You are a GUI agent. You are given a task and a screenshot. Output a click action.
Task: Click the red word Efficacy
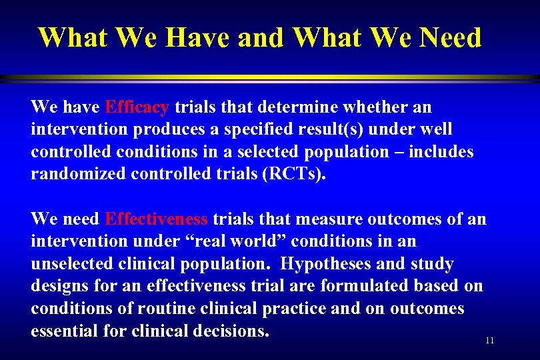tap(137, 107)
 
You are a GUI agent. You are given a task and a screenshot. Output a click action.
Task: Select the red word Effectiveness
tap(157, 219)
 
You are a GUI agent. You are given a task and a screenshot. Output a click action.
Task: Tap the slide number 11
tap(490, 341)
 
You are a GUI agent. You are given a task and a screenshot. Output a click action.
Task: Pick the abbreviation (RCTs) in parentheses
tap(290, 175)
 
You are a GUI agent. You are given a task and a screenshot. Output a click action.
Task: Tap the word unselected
tap(74, 264)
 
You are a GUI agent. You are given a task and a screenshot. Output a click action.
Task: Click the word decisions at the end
tap(229, 331)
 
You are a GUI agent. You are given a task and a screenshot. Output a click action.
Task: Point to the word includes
tap(441, 152)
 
